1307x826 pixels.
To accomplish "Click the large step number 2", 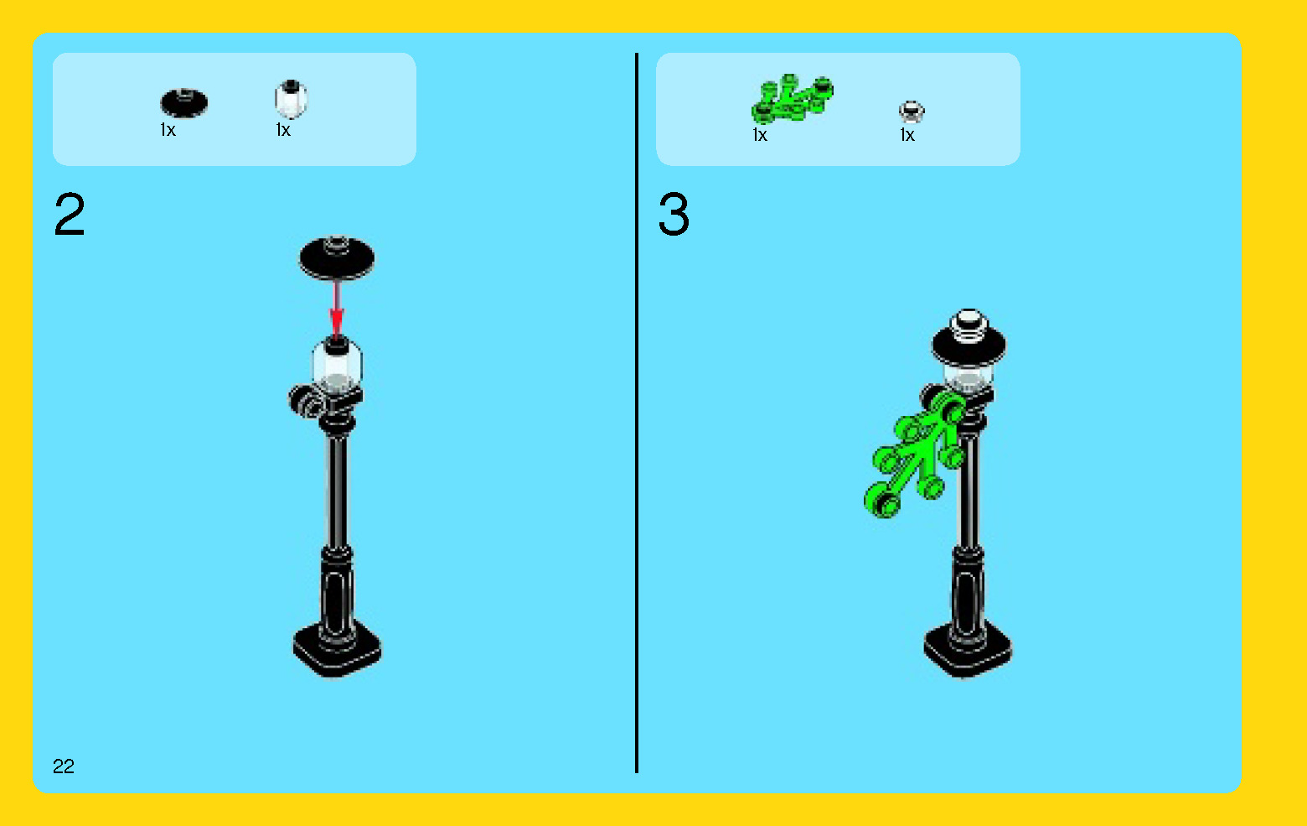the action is click(70, 215).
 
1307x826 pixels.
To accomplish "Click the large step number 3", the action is click(674, 215).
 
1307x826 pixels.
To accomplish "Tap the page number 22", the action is click(64, 766).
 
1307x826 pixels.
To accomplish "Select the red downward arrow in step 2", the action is click(336, 309).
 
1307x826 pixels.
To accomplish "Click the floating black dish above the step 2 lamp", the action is click(337, 257).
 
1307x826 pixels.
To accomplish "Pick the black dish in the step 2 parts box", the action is click(183, 103).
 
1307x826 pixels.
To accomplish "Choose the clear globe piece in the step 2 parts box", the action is click(291, 99).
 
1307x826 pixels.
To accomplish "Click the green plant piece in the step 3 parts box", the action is click(792, 98).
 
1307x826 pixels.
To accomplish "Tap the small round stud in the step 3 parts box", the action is click(912, 112).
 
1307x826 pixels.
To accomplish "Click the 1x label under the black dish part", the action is click(168, 130).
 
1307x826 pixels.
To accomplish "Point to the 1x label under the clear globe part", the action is click(283, 130).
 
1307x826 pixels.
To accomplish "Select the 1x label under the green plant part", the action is click(760, 135).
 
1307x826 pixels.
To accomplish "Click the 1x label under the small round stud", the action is click(907, 135).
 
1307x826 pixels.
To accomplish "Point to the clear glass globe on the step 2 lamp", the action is click(338, 365).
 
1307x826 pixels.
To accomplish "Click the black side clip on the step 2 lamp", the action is click(307, 402).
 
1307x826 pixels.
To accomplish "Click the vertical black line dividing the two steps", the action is click(637, 413).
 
